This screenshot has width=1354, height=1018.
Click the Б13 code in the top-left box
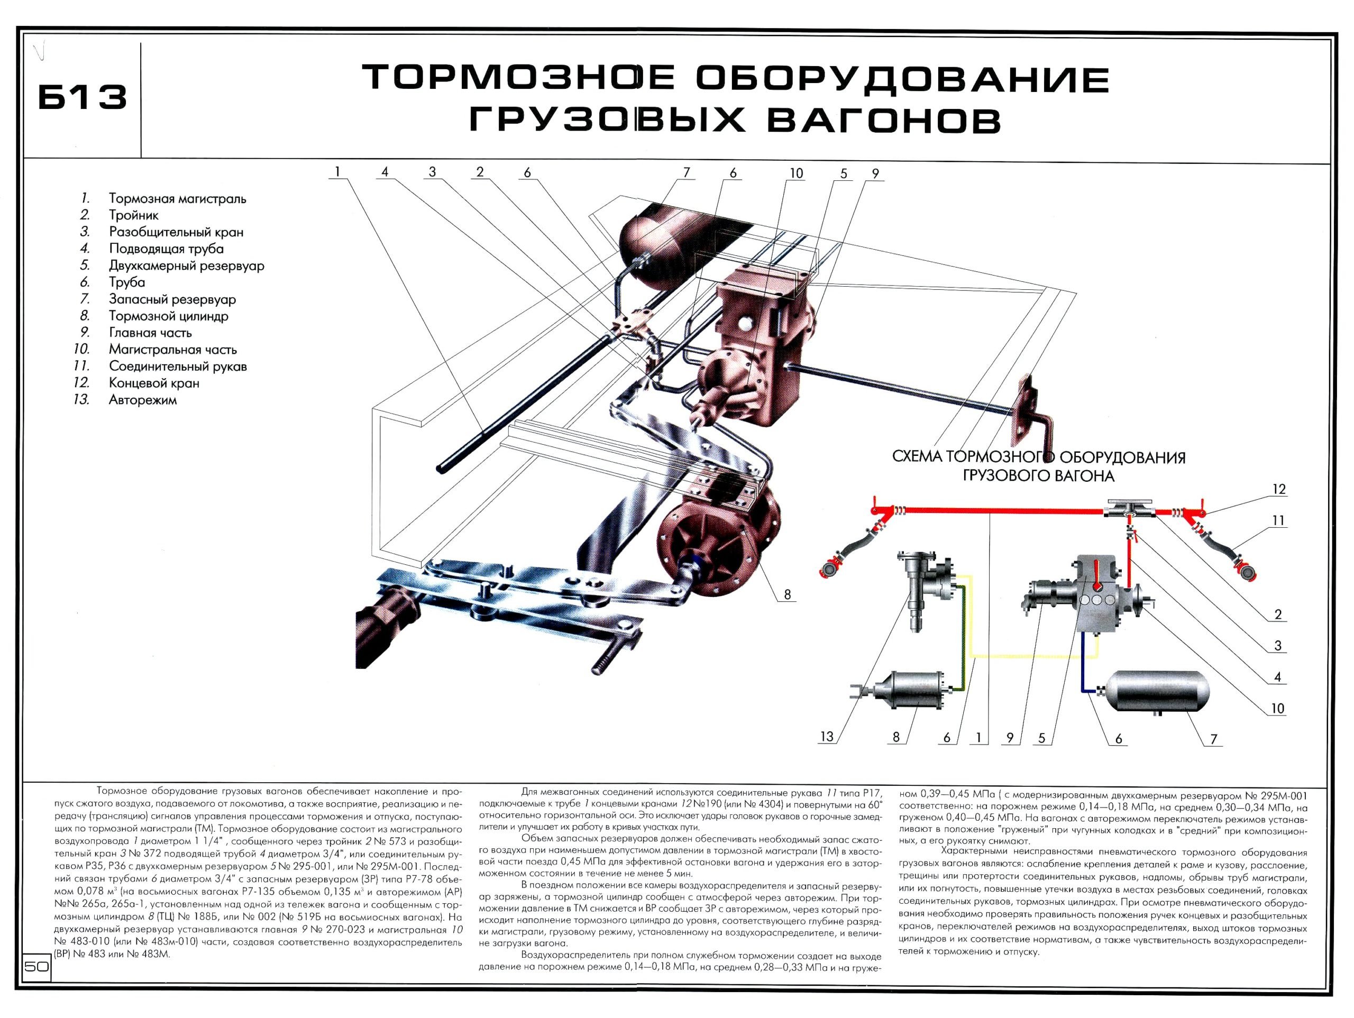click(83, 97)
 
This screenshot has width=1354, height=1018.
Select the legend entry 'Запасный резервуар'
click(172, 299)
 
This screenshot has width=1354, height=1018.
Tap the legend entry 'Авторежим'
click(143, 400)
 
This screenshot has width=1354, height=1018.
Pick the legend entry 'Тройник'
click(133, 215)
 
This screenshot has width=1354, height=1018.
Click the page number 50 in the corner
click(36, 967)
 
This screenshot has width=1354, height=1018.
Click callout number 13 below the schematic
click(826, 737)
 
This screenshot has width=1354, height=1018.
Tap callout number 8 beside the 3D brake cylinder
click(787, 594)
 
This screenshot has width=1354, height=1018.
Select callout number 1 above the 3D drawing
click(337, 172)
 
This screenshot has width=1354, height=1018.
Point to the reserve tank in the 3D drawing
click(661, 239)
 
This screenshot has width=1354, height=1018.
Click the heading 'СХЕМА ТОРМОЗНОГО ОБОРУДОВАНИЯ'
click(1039, 457)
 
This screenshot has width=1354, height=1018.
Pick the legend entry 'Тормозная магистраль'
click(178, 199)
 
